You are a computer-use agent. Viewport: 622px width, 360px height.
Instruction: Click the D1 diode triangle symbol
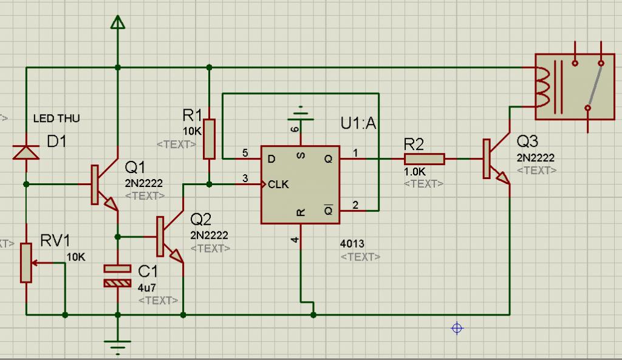[x=26, y=152]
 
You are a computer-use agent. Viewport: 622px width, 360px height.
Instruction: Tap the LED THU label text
[x=56, y=118]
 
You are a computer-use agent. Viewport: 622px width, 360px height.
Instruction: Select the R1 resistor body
[x=209, y=139]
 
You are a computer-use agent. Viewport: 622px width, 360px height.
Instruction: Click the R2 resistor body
[x=425, y=159]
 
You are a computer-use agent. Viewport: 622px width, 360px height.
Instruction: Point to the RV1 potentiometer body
[x=26, y=263]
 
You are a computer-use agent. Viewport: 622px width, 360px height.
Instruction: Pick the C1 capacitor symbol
[x=117, y=276]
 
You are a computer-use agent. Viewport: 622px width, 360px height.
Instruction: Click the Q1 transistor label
[x=135, y=168]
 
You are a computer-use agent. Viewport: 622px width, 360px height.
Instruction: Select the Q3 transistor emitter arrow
[x=503, y=178]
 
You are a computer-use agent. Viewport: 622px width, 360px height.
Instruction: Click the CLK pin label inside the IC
[x=278, y=185]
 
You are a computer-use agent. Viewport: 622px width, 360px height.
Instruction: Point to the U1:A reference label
[x=358, y=123]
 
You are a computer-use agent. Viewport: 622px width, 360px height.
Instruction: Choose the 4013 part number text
[x=352, y=243]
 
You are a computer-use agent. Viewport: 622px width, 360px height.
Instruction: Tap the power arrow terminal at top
[x=117, y=22]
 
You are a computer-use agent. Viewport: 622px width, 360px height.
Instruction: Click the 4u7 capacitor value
[x=147, y=287]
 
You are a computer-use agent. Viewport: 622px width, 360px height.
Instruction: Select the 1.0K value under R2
[x=415, y=172]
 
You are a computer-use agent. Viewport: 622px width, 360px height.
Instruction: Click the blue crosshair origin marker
[x=457, y=328]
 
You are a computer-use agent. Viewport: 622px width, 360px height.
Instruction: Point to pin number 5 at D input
[x=245, y=153]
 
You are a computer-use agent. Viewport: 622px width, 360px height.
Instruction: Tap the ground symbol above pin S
[x=301, y=114]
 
